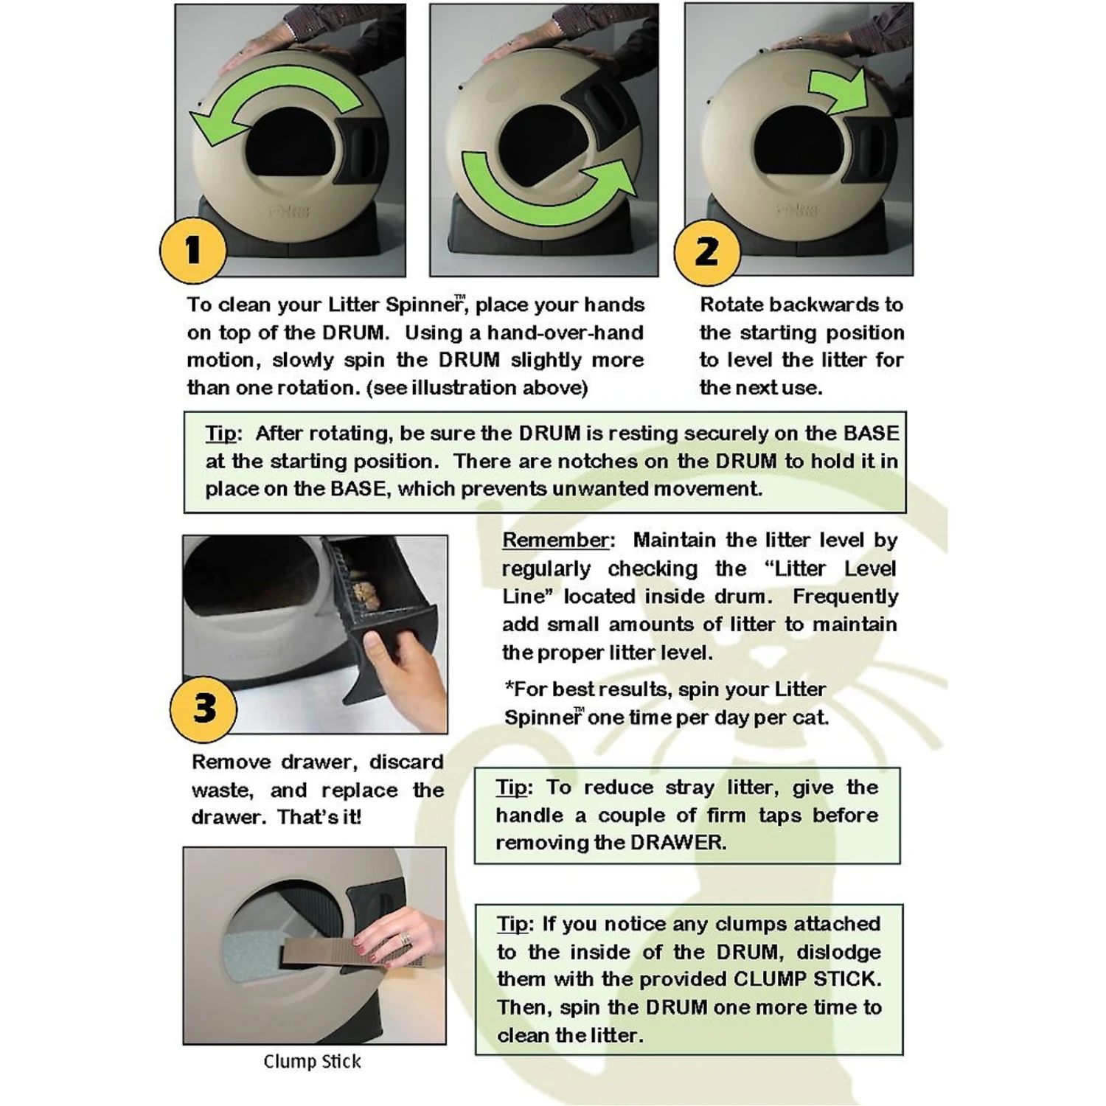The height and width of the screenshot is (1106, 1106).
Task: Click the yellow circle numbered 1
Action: tap(192, 250)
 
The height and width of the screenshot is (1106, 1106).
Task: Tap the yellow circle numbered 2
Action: tap(707, 251)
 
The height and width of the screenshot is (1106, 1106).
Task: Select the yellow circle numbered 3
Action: tap(204, 708)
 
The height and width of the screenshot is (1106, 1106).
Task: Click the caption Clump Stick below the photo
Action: tap(312, 1062)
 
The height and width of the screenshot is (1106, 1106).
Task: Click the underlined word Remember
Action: tap(557, 540)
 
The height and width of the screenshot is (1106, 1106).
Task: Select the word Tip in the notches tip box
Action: tap(222, 434)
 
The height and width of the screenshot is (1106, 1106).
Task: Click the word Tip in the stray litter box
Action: tap(512, 787)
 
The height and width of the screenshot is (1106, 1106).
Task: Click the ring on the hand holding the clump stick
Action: tap(405, 939)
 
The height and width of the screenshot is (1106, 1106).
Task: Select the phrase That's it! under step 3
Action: tap(319, 818)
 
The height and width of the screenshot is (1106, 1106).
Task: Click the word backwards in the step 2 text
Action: tap(821, 305)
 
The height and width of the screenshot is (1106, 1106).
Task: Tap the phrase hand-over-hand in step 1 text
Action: tap(565, 333)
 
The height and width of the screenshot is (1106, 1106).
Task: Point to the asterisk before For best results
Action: tap(509, 689)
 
